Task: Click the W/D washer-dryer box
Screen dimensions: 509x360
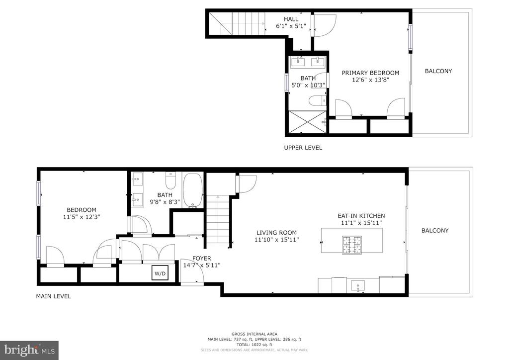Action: (x=160, y=272)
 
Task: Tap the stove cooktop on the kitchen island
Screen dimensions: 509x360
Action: (x=352, y=245)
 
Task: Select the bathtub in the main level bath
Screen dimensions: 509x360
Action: (x=193, y=190)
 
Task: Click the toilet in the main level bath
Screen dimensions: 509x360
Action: (x=171, y=180)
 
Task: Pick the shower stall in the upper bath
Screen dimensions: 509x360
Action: (x=307, y=122)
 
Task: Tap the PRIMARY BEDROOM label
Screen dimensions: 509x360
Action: (x=370, y=73)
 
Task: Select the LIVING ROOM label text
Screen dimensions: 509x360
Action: (x=276, y=232)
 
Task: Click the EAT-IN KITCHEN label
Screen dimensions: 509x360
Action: (x=361, y=215)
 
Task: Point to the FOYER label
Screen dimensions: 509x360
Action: (x=202, y=259)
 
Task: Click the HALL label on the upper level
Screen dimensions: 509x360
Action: (x=291, y=19)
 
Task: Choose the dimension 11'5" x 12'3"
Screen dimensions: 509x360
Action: (x=82, y=217)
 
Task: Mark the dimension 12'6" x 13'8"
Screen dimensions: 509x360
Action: (x=370, y=80)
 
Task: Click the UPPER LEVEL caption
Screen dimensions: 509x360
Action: (x=303, y=148)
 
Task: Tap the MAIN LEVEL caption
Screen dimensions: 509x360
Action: (x=54, y=296)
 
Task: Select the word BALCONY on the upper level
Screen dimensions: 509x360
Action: (x=438, y=71)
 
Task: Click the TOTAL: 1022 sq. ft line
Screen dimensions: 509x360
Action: (x=254, y=345)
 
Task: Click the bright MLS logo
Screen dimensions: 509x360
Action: (x=29, y=350)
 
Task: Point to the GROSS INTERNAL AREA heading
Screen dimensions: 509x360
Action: (x=254, y=334)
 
